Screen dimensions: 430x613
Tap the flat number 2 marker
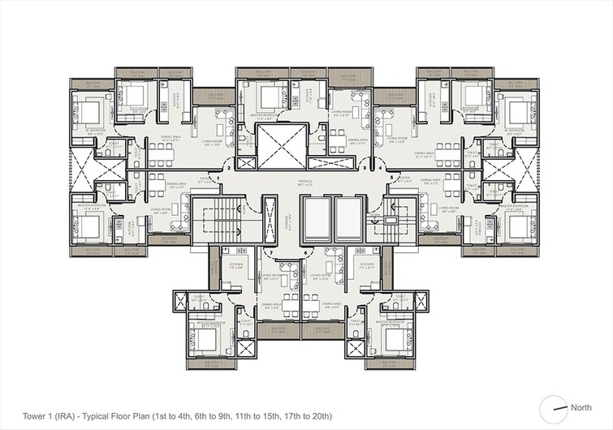click(x=231, y=168)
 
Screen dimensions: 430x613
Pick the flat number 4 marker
click(x=381, y=168)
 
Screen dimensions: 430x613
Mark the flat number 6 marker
click(x=305, y=253)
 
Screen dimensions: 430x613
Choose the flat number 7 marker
click(x=270, y=253)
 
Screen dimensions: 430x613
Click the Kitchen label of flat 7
click(x=236, y=266)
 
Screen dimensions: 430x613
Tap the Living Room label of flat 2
click(x=214, y=142)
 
